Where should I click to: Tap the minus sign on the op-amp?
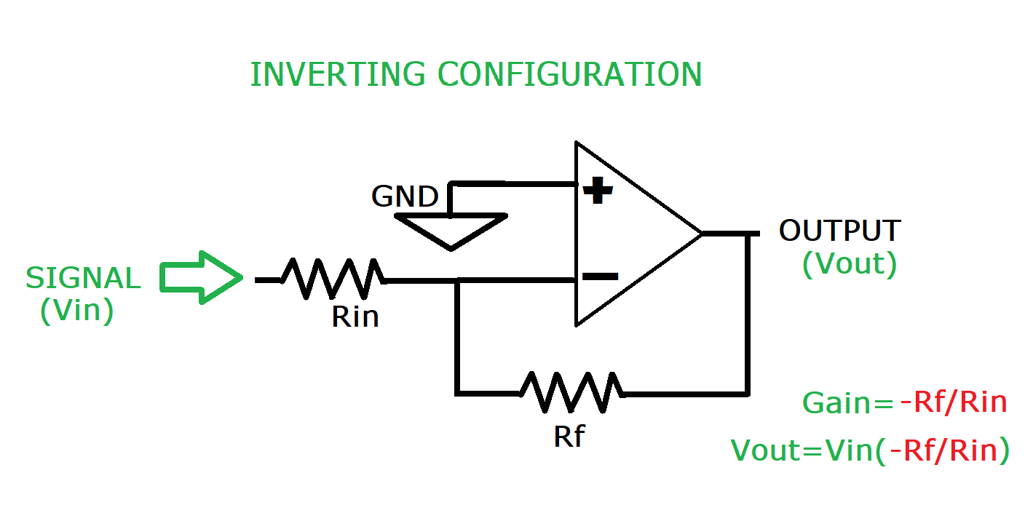(x=601, y=277)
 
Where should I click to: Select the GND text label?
(x=405, y=196)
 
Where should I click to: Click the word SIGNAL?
(x=83, y=279)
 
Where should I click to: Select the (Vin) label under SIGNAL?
(x=77, y=311)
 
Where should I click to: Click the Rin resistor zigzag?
(x=333, y=279)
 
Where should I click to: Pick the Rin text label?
(x=355, y=317)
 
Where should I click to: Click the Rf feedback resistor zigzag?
(x=571, y=393)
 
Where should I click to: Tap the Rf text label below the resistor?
(x=569, y=436)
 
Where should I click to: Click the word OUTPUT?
(x=839, y=231)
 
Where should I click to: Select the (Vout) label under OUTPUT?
(x=849, y=264)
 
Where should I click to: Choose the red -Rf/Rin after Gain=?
(x=953, y=402)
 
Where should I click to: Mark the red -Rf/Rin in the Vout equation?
(x=949, y=450)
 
